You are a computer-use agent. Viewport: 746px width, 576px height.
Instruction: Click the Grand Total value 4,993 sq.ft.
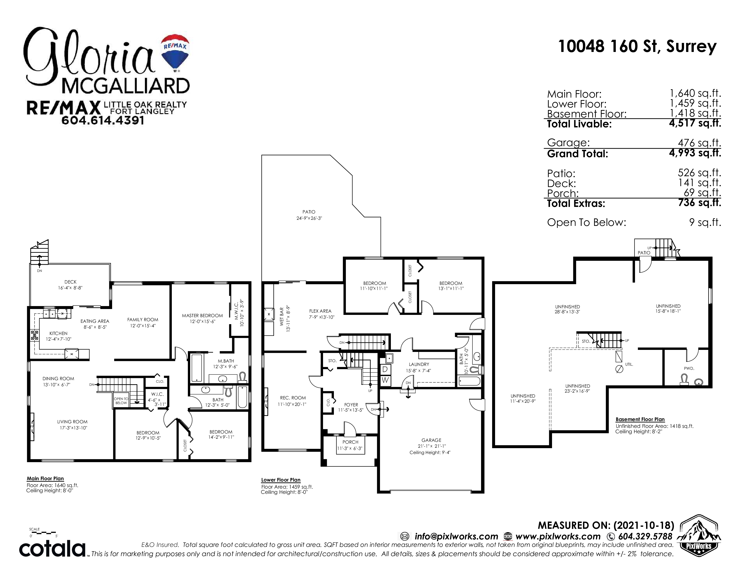(x=695, y=153)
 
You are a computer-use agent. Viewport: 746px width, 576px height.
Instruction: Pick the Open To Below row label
(x=586, y=222)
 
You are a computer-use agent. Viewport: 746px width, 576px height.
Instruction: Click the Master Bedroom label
(x=202, y=316)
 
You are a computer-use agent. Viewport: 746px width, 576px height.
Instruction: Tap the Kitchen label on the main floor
(x=58, y=333)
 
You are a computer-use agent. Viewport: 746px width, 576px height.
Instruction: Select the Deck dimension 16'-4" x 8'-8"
(x=70, y=288)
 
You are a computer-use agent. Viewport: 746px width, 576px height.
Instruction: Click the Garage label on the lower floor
(x=431, y=440)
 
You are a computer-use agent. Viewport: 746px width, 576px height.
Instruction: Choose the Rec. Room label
(x=293, y=398)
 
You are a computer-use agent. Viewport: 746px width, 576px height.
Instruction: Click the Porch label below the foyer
(x=350, y=442)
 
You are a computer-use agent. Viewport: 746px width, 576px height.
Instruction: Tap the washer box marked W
(x=385, y=380)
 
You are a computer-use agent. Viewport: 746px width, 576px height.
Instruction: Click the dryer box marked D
(x=385, y=369)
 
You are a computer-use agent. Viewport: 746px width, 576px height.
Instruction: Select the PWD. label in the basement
(x=689, y=369)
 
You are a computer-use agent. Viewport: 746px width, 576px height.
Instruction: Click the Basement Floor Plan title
(x=640, y=419)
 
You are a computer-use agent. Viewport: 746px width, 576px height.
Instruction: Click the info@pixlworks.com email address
(x=456, y=536)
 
